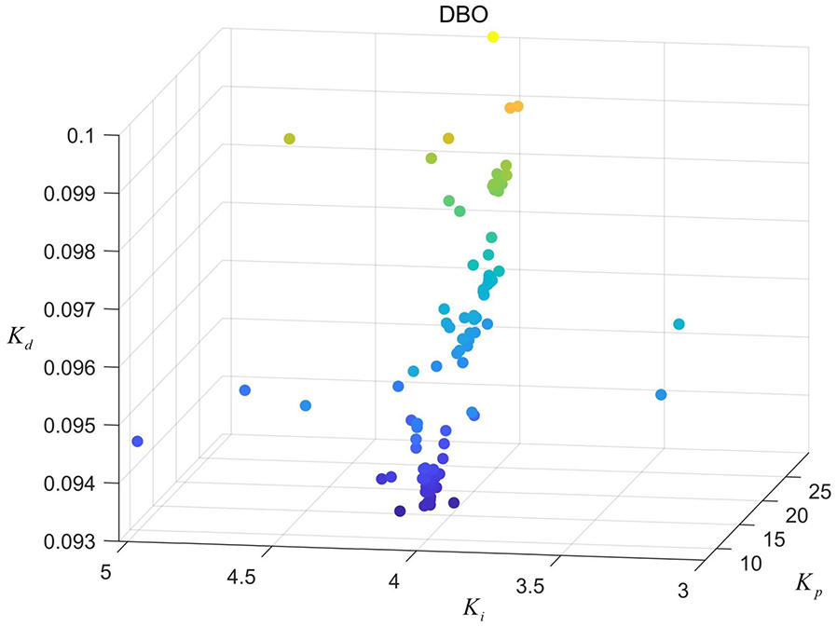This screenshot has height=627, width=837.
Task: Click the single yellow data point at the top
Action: (493, 37)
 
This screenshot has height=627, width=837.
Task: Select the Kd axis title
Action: (21, 337)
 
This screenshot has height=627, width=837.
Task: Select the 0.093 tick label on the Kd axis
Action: (75, 540)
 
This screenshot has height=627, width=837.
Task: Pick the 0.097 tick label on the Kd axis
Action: (75, 308)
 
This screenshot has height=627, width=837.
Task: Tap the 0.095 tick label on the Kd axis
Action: (75, 425)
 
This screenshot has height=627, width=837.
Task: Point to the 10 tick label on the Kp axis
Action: (751, 562)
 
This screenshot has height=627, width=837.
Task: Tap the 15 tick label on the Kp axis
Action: (772, 538)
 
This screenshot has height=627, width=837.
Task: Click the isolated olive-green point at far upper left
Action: (289, 139)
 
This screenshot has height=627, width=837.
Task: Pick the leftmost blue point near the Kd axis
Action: (137, 441)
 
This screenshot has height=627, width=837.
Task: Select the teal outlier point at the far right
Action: (679, 324)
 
